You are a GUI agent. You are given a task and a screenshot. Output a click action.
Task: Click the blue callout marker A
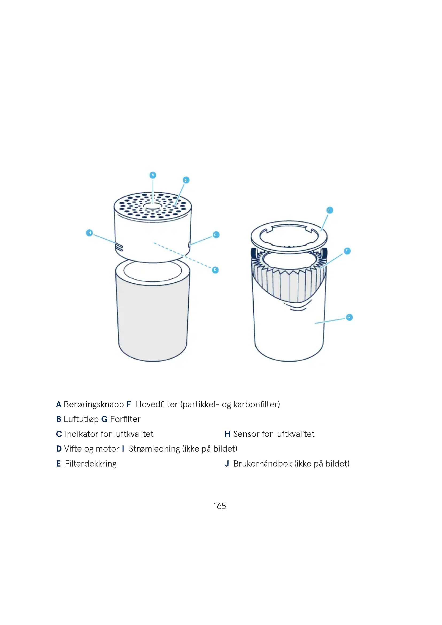[153, 175]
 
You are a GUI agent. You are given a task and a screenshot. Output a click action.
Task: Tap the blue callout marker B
[186, 180]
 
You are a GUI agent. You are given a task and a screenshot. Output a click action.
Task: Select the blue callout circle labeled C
[216, 235]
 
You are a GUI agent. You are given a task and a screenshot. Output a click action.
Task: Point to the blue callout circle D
[215, 270]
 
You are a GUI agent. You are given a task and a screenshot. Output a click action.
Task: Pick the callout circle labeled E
[329, 210]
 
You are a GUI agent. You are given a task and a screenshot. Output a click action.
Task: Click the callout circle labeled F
[347, 251]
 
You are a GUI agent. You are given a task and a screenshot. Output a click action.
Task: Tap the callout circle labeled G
[349, 317]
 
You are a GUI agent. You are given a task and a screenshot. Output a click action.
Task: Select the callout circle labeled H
[90, 233]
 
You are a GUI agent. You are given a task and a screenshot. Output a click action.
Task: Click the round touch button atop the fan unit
[153, 206]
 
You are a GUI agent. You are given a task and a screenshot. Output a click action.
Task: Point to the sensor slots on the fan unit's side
[119, 247]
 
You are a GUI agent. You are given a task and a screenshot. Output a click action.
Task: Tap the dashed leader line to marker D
[182, 255]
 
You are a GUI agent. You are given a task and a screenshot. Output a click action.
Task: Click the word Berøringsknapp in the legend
[94, 405]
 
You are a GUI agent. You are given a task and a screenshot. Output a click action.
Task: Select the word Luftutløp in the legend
[81, 419]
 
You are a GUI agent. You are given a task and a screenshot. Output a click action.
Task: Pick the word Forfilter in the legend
[126, 419]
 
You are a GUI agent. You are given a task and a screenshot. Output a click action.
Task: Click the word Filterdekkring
[91, 464]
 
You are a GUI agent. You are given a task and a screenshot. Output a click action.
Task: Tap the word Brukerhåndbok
[263, 464]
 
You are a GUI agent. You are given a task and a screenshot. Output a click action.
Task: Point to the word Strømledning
[154, 449]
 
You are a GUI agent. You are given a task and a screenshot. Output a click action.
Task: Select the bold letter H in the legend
[227, 434]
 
